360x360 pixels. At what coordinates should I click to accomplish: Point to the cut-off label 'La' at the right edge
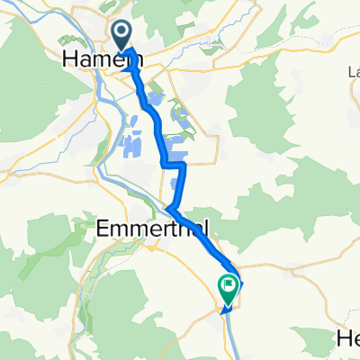[353, 72]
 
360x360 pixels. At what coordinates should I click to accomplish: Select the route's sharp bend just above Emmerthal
[168, 210]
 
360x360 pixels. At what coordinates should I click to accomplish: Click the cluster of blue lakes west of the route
[130, 144]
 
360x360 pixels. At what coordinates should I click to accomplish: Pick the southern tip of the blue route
[225, 308]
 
